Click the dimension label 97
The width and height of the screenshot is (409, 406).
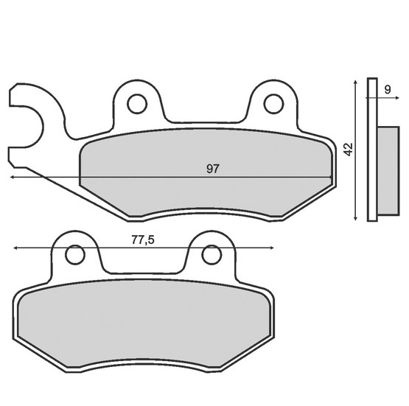point(213,169)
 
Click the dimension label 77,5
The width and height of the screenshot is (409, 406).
point(143,240)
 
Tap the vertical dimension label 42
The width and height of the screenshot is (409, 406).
point(349,149)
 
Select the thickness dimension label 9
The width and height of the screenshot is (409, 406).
point(388,90)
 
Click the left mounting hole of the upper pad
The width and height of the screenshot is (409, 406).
point(137,104)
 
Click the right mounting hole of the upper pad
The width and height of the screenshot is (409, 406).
point(273,104)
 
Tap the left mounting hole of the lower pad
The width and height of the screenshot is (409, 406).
point(75,255)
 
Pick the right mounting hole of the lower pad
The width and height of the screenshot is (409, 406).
point(212,255)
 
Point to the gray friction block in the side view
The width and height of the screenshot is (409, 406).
point(388,171)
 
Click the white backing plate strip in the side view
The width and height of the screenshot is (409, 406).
point(372,150)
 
